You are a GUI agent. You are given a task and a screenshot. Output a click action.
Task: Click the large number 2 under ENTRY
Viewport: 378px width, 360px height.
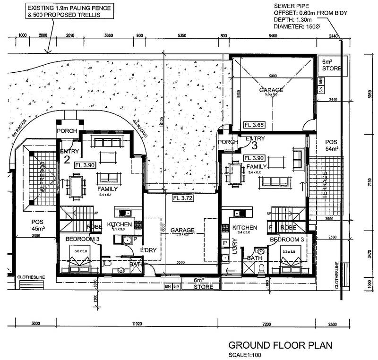coord(67,159)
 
